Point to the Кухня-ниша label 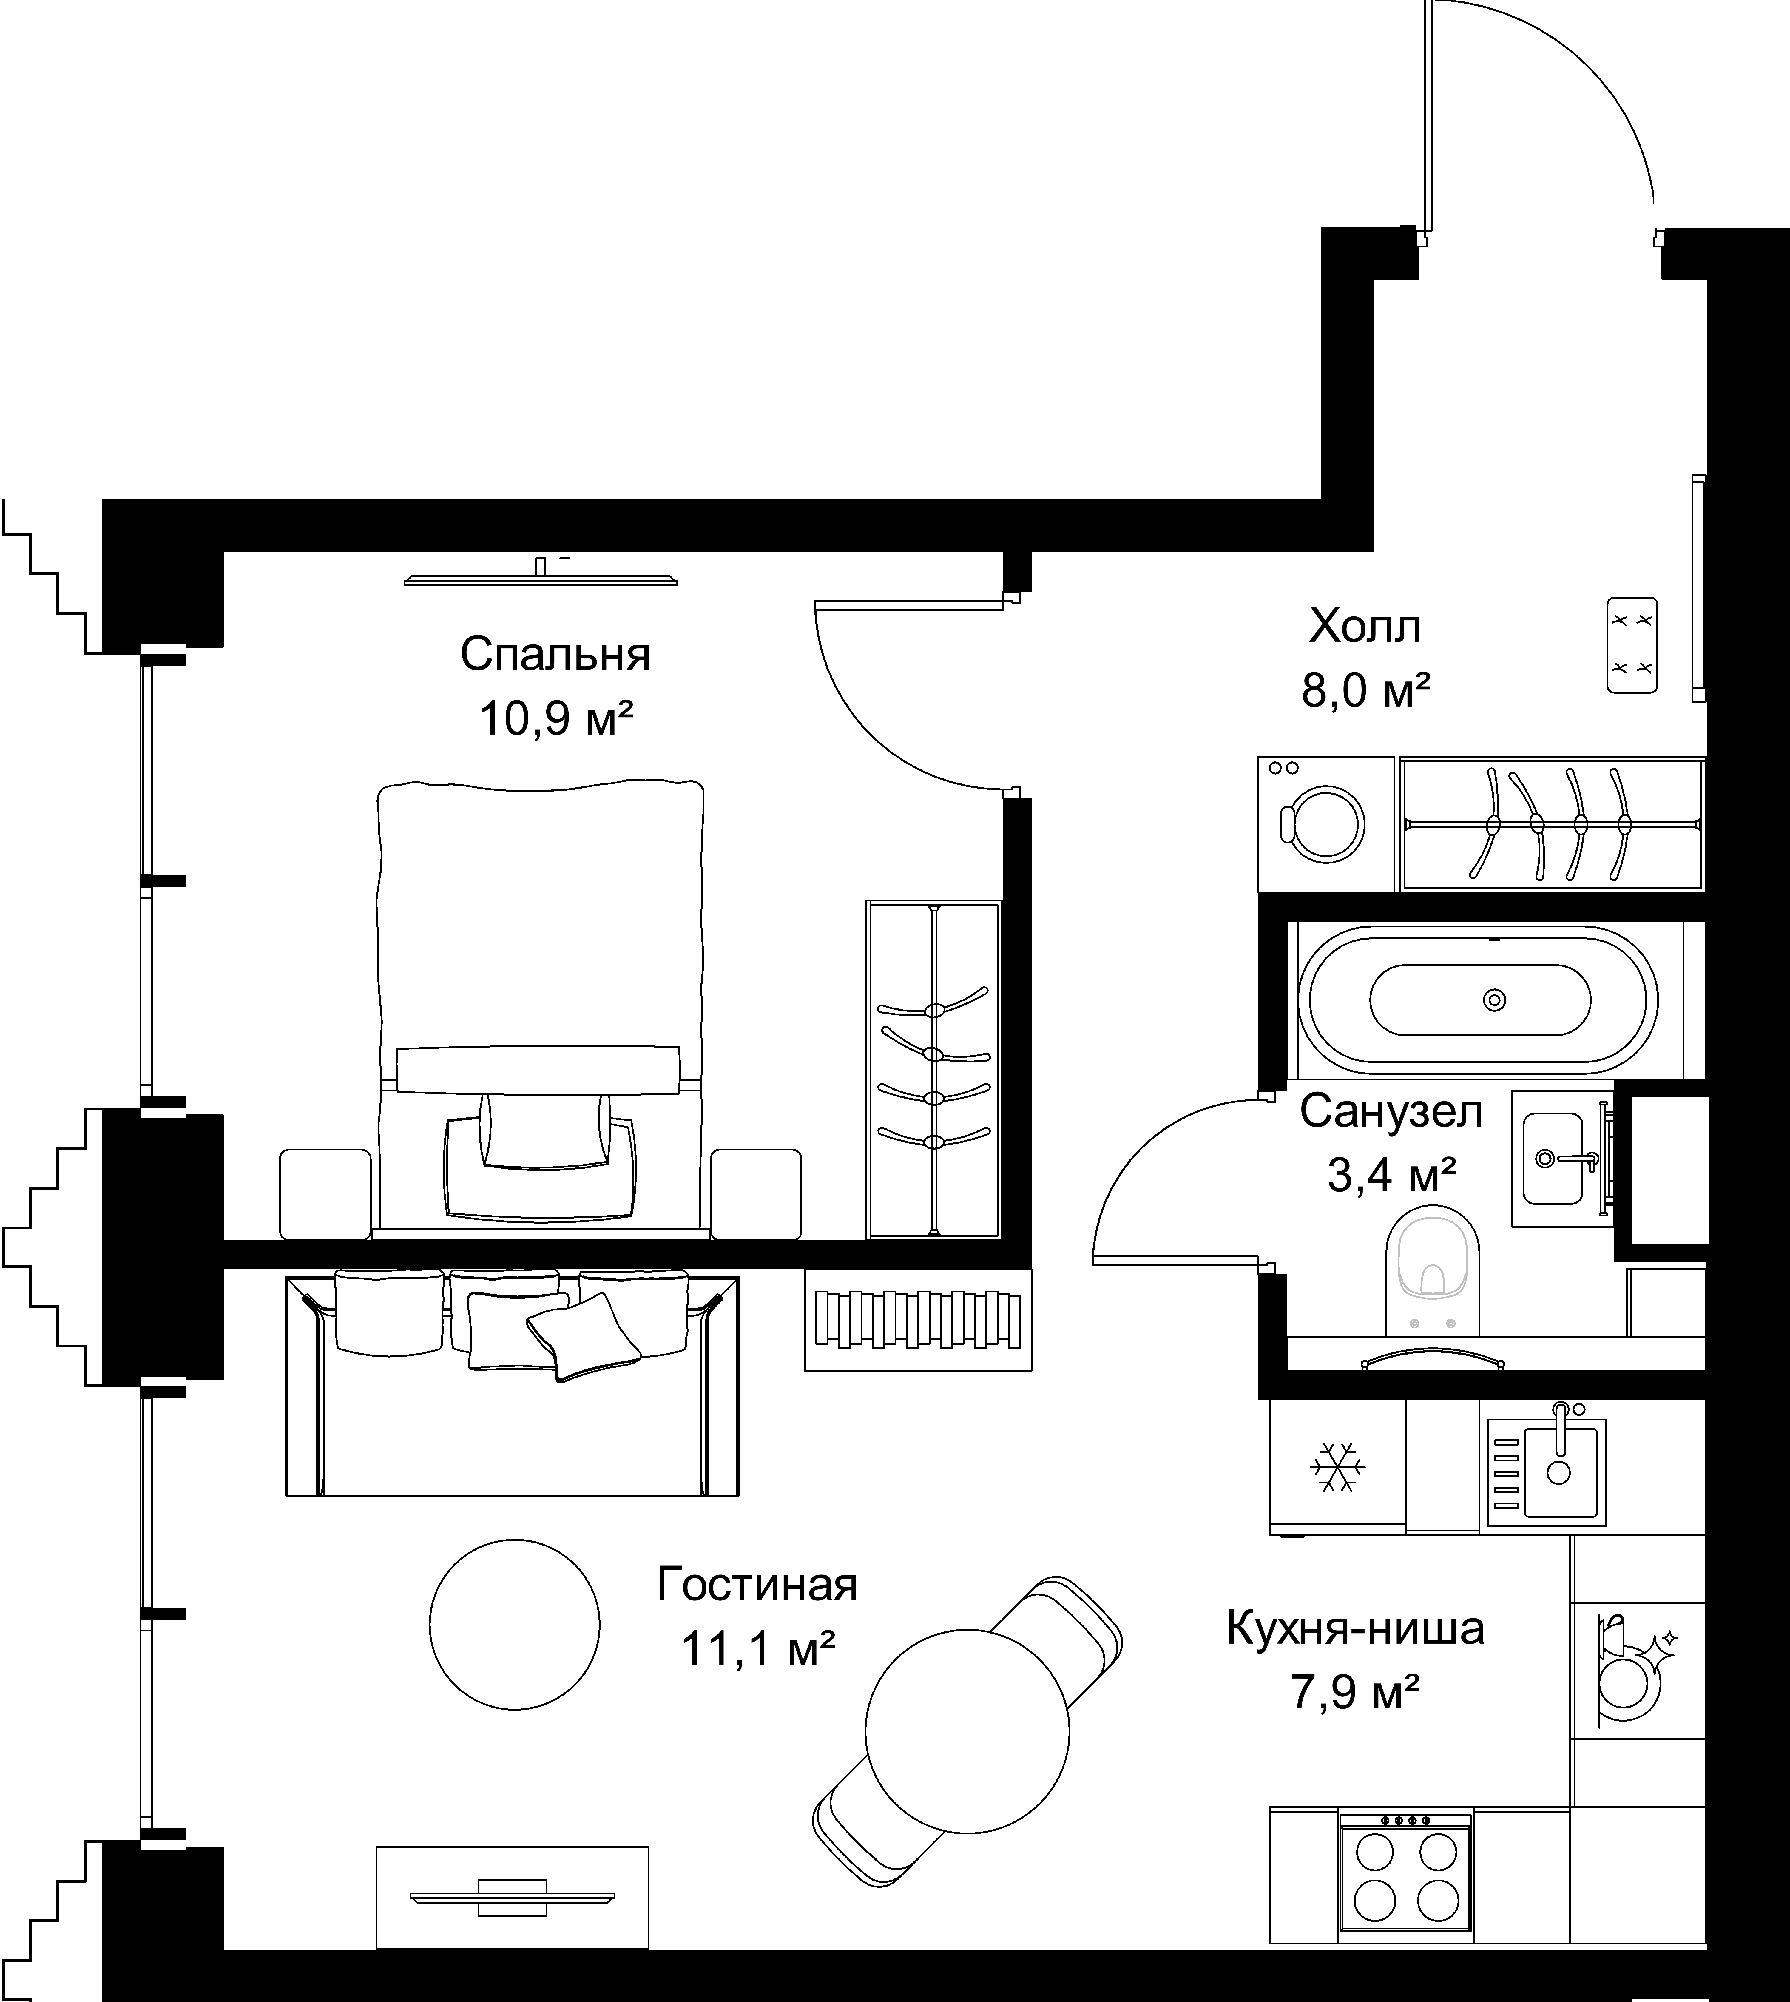click(1355, 1628)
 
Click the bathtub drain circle click(1494, 1000)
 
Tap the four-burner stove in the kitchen click(1405, 1875)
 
